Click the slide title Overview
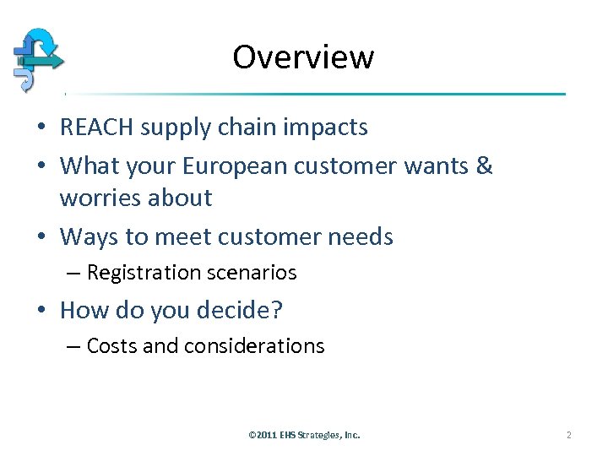click(303, 57)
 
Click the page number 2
click(568, 435)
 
